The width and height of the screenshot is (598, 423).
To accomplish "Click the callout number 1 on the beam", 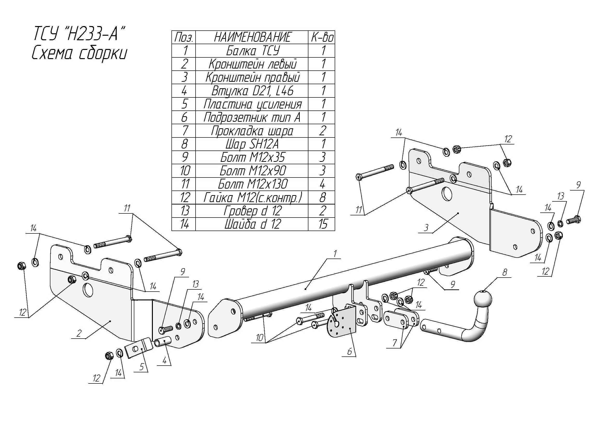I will (335, 253).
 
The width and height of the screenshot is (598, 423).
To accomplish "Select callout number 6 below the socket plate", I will (349, 352).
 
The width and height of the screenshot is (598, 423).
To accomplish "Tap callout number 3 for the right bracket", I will (426, 228).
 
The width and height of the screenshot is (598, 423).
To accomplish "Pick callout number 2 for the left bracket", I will (79, 333).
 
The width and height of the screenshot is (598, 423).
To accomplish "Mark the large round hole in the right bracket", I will (448, 193).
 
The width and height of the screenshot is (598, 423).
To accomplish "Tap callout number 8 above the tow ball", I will (504, 273).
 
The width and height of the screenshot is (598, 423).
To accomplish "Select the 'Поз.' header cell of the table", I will (183, 37).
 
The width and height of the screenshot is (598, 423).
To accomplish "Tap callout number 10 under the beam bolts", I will (259, 338).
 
